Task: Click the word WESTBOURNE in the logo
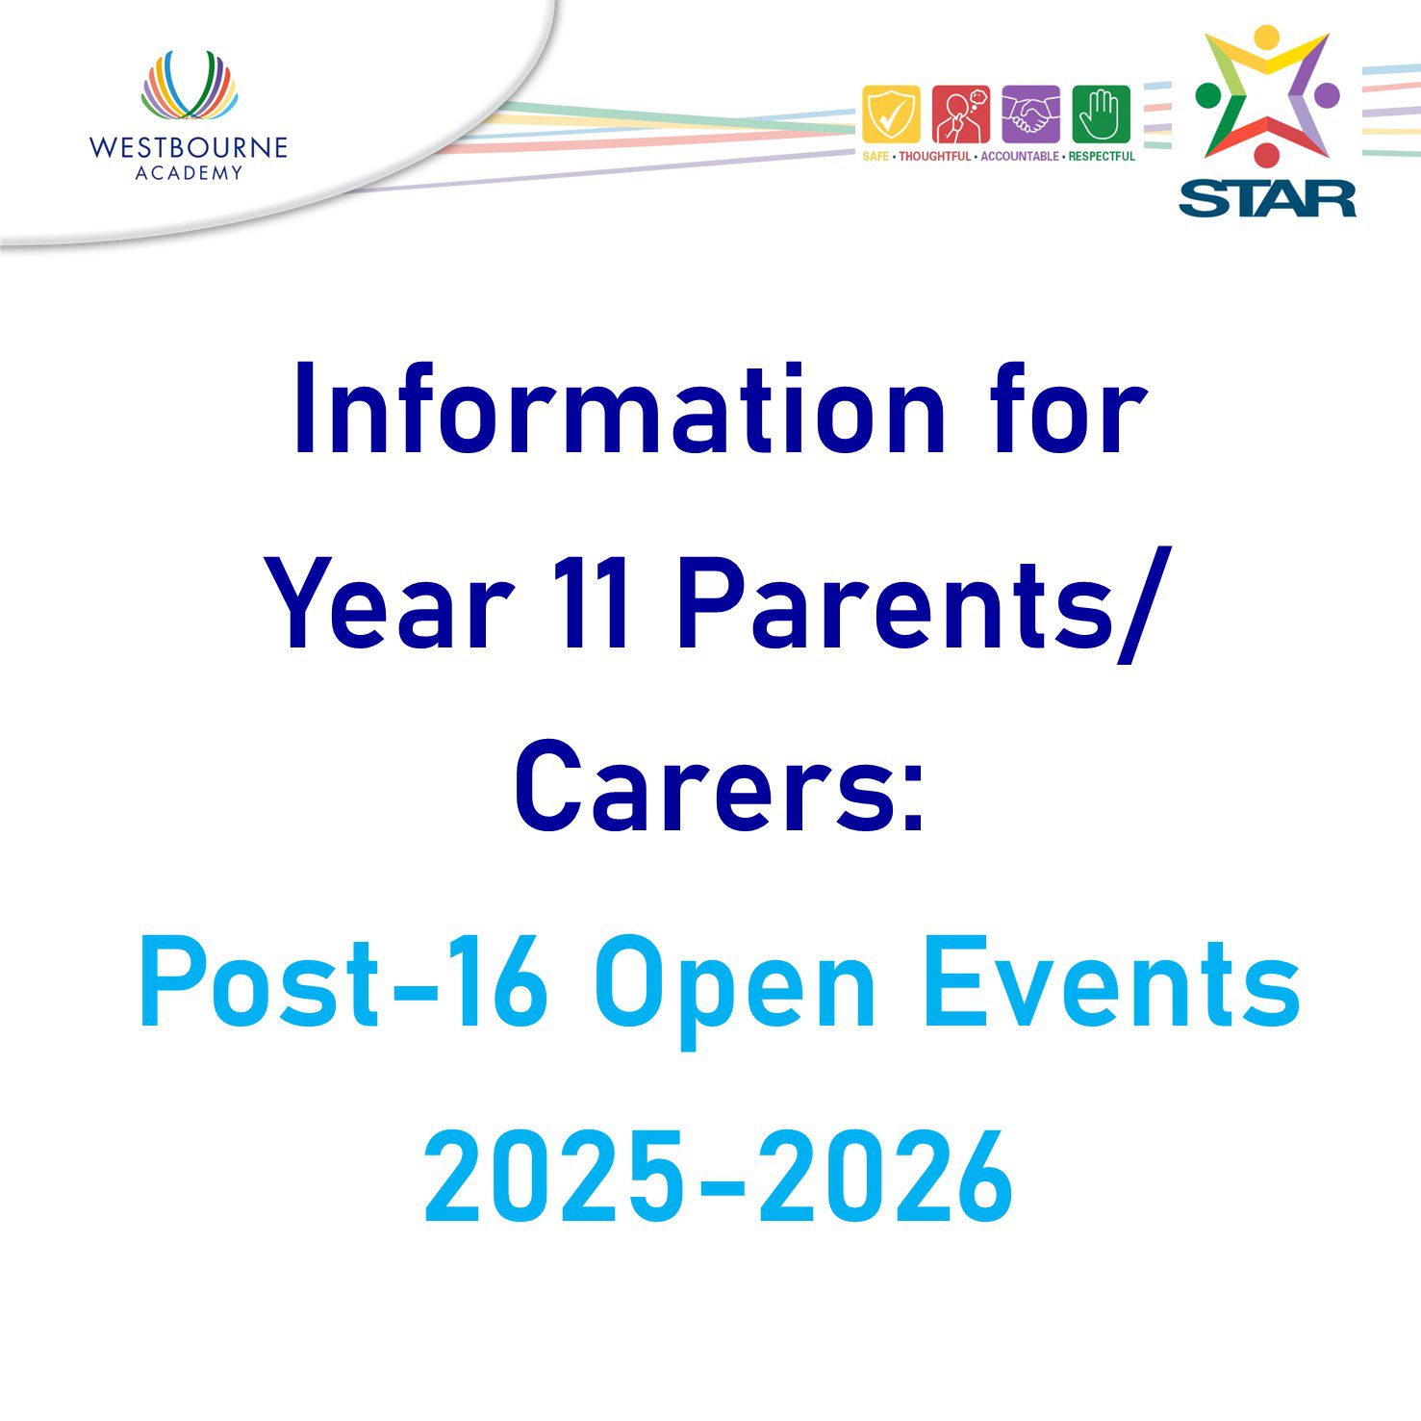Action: point(189,147)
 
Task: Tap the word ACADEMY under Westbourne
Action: point(190,173)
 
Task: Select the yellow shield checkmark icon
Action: point(891,114)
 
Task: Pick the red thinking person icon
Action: point(960,114)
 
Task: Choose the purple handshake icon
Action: point(1030,114)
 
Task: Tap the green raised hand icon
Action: point(1101,114)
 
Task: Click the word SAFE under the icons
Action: point(875,156)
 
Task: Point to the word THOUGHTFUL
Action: point(935,156)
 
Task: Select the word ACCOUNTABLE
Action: point(1019,156)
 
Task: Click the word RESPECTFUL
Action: point(1102,156)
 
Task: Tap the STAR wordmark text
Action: point(1267,198)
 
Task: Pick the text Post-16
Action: point(344,983)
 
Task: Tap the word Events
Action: point(1112,983)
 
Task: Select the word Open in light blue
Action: point(735,991)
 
